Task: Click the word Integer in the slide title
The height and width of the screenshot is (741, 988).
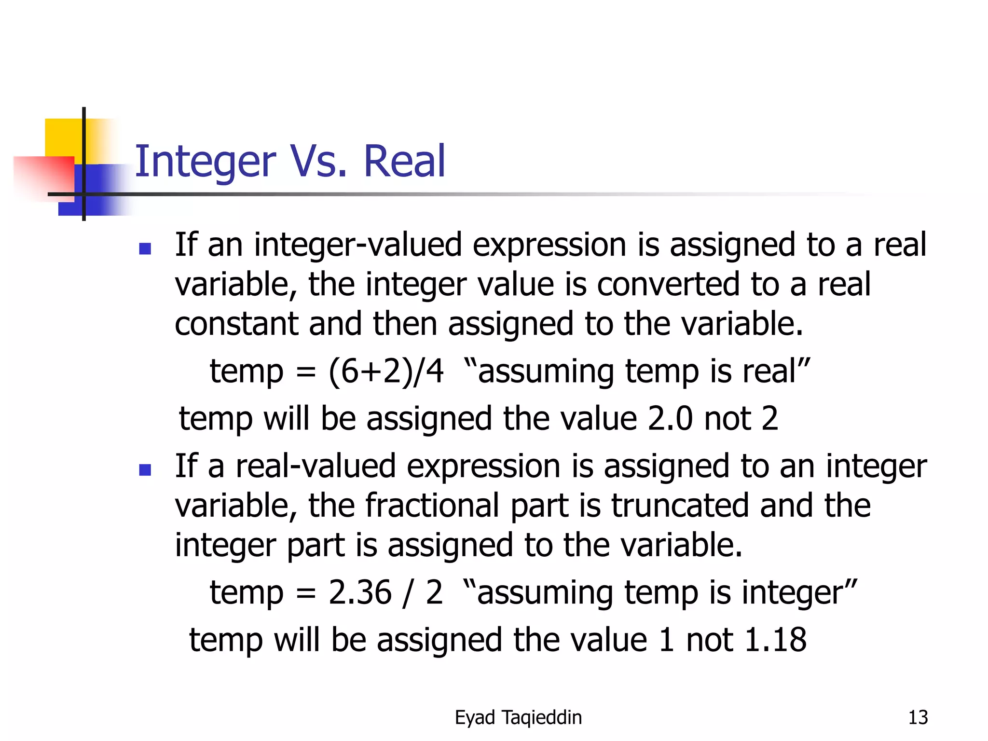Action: coord(206,162)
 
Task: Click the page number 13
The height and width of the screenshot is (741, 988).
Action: coord(918,717)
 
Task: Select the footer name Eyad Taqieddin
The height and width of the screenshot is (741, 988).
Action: coord(518,717)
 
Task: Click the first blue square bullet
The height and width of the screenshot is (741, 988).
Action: coord(145,248)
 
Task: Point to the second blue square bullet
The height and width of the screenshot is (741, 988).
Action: coord(145,469)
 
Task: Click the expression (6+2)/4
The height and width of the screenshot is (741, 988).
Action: coord(385,371)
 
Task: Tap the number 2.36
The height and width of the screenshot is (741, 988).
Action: coord(360,592)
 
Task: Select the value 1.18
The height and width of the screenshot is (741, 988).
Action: coord(775,640)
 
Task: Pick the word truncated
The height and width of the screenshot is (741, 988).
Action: coord(680,506)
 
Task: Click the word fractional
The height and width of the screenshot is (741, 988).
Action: coord(432,506)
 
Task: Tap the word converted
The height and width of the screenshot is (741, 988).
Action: coord(668,284)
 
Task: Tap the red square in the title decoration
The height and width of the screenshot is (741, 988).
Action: coord(43,176)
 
